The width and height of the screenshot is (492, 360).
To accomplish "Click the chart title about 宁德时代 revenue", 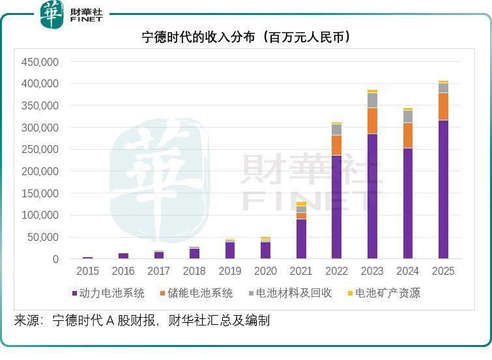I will (246, 38).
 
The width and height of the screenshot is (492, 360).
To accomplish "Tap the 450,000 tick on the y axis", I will (40, 62).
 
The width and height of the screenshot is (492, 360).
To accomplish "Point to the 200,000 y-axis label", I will (40, 171).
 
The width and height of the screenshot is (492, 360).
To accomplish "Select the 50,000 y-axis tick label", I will (43, 237).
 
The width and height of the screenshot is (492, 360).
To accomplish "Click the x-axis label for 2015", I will (88, 271).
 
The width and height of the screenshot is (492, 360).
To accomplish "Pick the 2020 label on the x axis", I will (265, 271).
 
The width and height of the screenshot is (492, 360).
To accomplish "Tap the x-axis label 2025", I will (443, 271).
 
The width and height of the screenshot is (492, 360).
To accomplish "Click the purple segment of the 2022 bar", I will (336, 206).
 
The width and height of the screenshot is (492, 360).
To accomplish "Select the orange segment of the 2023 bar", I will (372, 120).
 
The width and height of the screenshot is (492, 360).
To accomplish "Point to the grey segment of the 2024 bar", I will (408, 116).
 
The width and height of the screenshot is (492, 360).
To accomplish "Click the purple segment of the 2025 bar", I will (443, 189).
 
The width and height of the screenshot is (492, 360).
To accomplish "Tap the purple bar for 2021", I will (301, 238).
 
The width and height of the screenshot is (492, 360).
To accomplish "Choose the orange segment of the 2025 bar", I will (443, 106).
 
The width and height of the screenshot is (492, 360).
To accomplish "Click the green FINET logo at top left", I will (72, 15).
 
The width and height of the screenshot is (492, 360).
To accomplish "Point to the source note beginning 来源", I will (142, 320).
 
